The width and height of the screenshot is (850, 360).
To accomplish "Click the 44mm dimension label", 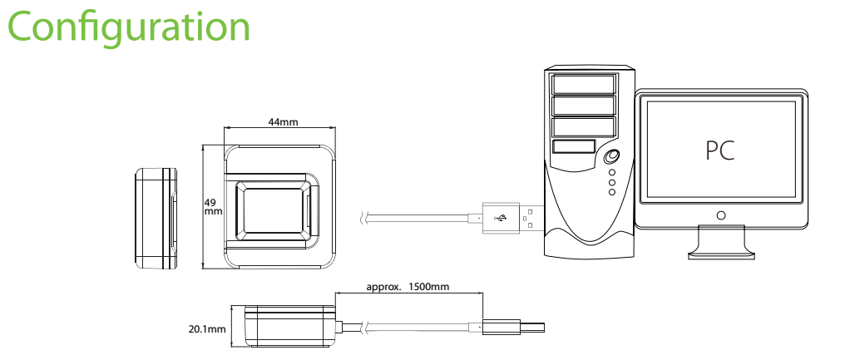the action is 283,121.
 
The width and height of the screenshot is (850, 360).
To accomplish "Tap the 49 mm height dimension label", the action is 213,207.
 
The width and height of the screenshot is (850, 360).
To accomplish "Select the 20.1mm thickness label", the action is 207,328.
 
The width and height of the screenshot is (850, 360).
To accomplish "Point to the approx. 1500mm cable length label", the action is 408,286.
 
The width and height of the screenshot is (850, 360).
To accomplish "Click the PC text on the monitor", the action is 720,150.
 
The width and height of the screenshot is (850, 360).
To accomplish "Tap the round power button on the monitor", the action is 720,215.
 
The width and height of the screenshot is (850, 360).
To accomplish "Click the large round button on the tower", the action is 612,156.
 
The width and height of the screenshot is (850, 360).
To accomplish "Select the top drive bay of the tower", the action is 583,85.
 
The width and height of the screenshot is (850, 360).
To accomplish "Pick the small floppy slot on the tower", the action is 574,147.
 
